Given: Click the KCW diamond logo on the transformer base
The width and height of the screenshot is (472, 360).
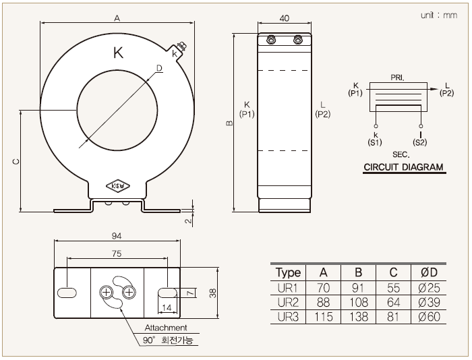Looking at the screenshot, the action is tap(118, 186).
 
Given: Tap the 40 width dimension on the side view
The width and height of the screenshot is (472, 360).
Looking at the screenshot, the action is tap(284, 18).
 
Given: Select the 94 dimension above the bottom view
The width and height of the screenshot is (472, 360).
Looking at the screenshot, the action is tap(117, 236).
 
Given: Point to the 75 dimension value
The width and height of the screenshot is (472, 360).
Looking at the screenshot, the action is tap(117, 253).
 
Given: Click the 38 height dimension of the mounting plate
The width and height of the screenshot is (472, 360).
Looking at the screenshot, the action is tap(212, 293).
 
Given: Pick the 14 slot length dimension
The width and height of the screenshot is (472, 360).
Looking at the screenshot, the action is tap(167, 307).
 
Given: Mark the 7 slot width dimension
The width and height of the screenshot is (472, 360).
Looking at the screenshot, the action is tap(190, 293).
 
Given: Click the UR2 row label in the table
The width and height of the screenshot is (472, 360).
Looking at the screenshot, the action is tap(288, 302).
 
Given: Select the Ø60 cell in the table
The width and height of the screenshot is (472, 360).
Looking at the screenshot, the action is tap(429, 317).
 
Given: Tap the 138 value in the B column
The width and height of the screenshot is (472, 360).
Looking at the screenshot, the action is tap(358, 317).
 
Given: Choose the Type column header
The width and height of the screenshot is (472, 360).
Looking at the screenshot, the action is tap(288, 273).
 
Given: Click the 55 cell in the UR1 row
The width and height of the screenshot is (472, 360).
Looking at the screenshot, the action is tap(393, 288).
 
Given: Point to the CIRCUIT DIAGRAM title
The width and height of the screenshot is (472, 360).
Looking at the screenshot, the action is tap(404, 167).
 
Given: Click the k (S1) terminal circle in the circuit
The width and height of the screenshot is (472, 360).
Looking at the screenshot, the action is tap(376, 126).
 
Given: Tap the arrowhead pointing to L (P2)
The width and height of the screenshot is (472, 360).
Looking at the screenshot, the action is tap(434, 89).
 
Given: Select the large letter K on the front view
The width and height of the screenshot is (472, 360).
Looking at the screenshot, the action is tap(118, 53).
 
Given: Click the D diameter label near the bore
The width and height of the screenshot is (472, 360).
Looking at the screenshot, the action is tap(159, 68).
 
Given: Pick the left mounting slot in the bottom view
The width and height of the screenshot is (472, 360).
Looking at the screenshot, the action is tap(67, 293).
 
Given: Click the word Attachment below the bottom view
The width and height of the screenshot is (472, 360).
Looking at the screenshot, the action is tap(166, 328).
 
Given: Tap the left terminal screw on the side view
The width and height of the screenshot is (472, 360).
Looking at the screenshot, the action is tap(271, 39).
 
